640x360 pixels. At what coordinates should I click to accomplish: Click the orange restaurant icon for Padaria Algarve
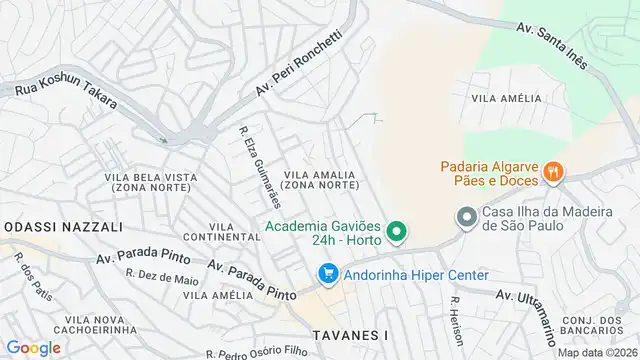point(551,173)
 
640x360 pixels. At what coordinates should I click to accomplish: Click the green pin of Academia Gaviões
point(397,233)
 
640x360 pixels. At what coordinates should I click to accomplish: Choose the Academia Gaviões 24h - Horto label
point(326,233)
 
